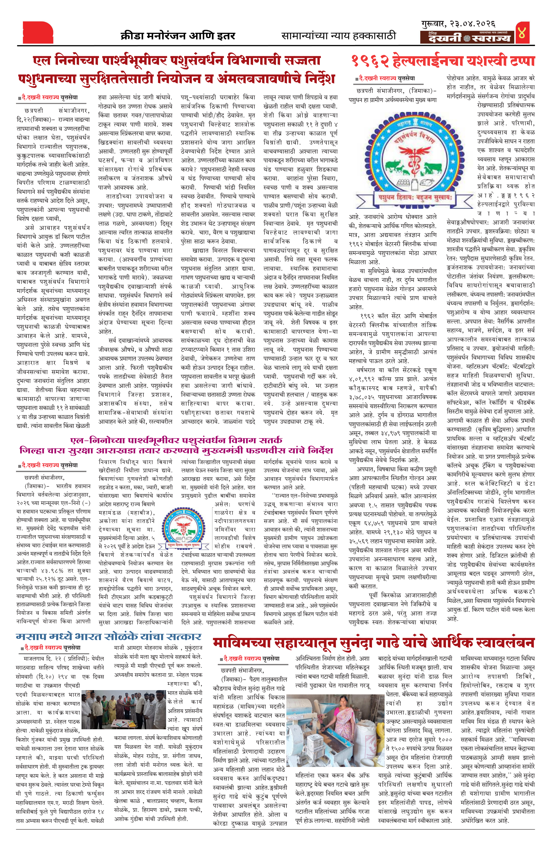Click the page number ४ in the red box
coord(522,32)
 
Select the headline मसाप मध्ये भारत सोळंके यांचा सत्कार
coord(108,636)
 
